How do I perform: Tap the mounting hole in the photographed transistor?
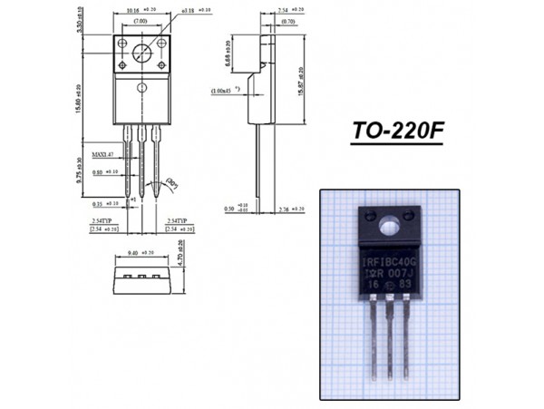pos(392,223)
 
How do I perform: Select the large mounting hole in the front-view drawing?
pos(141,53)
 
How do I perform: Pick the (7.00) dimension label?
pos(141,20)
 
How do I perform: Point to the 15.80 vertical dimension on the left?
pos(80,98)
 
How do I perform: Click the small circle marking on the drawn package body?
pos(141,87)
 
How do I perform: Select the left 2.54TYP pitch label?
pos(102,220)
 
